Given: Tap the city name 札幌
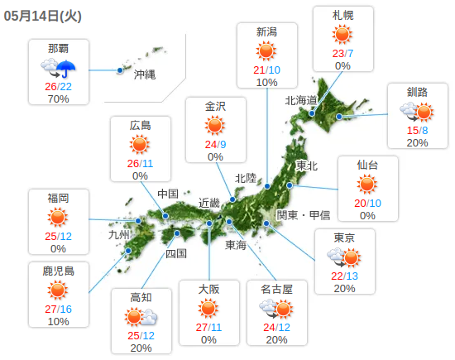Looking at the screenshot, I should (342, 16).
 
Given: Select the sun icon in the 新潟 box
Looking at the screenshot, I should (266, 50).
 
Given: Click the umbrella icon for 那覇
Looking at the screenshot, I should (66, 68).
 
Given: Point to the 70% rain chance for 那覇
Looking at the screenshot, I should (58, 99).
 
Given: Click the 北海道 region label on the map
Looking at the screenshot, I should (301, 100).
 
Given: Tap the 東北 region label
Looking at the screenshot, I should (306, 166).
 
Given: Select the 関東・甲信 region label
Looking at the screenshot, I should (303, 215).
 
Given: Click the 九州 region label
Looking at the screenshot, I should (120, 234).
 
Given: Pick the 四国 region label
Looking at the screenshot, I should (176, 253).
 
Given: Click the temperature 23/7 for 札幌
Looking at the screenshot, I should (342, 53).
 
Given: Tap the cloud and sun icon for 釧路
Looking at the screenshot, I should (417, 111).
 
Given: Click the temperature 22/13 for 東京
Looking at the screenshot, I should (344, 276).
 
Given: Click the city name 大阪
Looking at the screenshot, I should (208, 289).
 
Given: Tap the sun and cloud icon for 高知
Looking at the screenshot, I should (141, 316).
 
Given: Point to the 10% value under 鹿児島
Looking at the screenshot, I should (58, 321).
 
